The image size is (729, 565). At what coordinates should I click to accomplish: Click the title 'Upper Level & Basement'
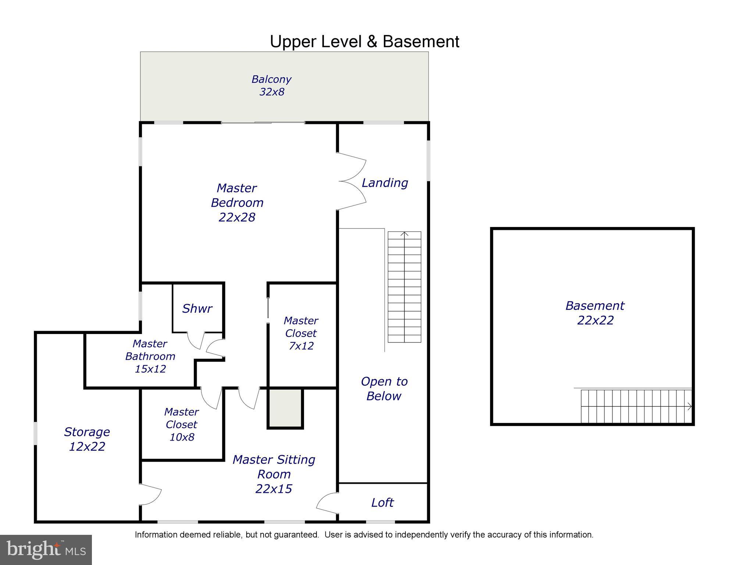(364, 42)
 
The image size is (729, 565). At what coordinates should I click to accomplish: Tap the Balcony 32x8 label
(271, 85)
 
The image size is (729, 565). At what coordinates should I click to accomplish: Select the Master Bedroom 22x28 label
(237, 203)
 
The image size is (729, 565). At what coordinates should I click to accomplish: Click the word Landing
(385, 183)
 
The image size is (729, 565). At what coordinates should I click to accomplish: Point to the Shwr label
(197, 308)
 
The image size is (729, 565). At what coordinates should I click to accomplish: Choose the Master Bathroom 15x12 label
(150, 356)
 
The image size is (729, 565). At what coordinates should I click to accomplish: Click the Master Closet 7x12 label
(301, 333)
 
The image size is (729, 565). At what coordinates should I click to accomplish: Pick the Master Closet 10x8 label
(181, 424)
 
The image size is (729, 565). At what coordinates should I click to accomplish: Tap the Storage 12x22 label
(87, 439)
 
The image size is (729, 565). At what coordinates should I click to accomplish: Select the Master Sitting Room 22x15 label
(274, 474)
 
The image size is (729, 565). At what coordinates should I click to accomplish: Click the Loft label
(382, 502)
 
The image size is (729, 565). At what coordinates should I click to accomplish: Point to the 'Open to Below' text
(384, 388)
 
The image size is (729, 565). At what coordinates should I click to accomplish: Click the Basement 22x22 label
(595, 313)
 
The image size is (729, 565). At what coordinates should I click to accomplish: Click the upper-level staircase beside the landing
(404, 287)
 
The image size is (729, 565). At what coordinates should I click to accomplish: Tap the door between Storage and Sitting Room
(150, 494)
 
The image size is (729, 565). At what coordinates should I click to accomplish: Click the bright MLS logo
(46, 550)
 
